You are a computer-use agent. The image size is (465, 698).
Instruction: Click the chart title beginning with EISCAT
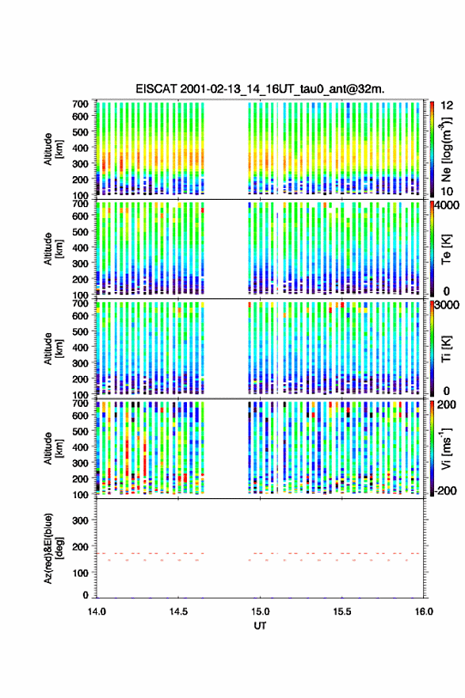260,89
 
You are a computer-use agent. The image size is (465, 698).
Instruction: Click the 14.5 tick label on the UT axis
178,612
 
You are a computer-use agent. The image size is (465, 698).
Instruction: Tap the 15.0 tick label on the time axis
260,612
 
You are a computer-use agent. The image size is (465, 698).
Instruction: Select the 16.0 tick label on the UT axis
424,612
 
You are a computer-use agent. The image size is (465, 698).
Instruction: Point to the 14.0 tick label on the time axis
97,612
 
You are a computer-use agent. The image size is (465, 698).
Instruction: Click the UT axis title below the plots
260,626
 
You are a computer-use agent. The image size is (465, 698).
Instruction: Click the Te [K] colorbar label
446,249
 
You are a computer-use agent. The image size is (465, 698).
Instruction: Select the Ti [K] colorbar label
446,348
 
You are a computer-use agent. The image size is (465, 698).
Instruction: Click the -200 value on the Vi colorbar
445,491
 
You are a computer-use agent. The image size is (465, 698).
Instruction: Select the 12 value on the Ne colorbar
447,105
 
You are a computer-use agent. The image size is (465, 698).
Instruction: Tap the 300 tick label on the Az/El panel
80,520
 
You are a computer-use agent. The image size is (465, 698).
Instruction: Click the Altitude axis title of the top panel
53,149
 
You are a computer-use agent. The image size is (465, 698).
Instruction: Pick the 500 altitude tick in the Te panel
80,232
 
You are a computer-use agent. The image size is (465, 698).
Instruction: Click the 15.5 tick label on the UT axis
342,612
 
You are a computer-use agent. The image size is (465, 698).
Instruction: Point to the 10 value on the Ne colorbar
447,191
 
